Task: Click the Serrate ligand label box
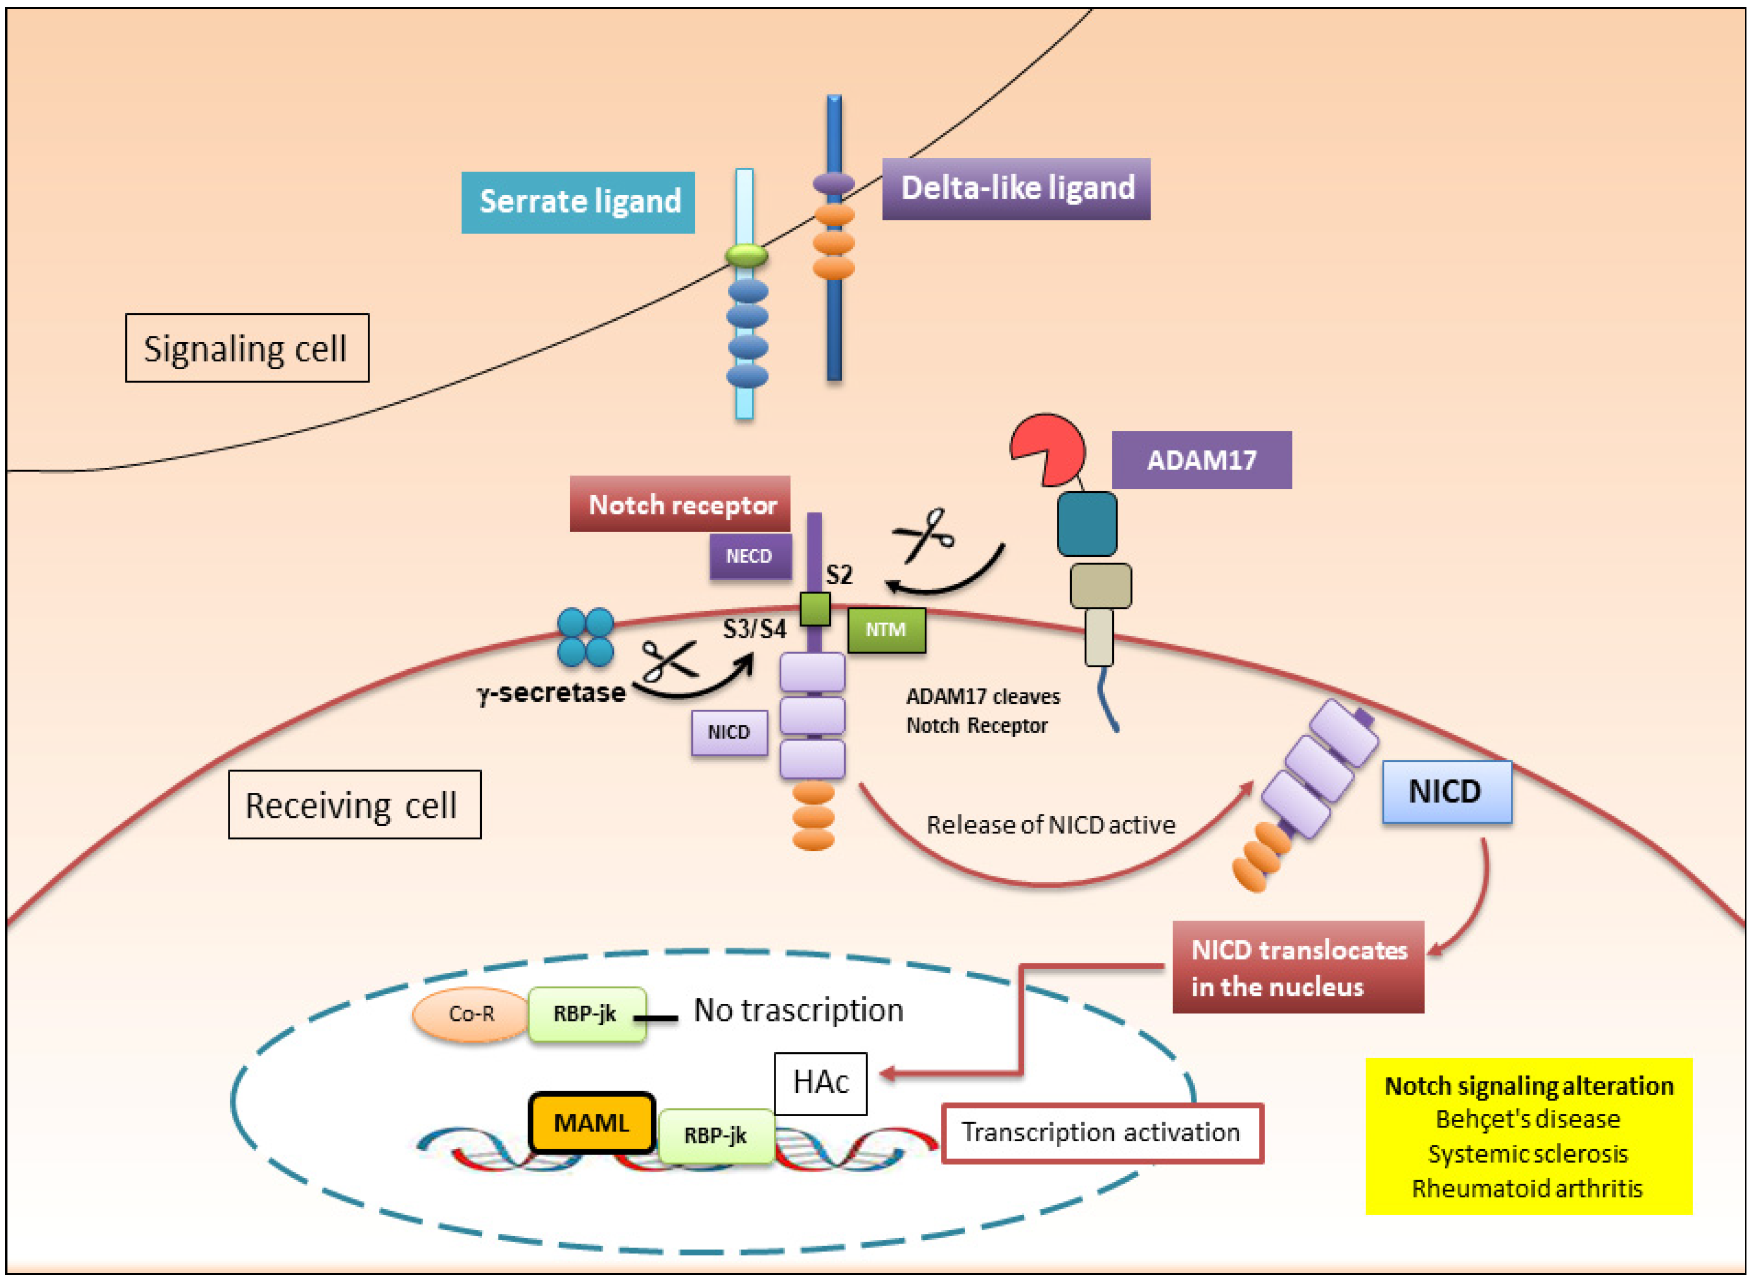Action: click(x=578, y=202)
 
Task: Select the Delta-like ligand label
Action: click(x=1016, y=189)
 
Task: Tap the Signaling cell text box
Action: click(x=247, y=348)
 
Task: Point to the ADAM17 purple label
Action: click(x=1201, y=460)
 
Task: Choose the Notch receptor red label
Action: click(x=681, y=504)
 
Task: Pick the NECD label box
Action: click(x=750, y=556)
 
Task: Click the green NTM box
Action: click(x=886, y=629)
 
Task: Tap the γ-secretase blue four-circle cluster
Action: click(x=586, y=637)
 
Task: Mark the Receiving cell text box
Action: click(x=354, y=805)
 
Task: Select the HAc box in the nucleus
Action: click(x=820, y=1083)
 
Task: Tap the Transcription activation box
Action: click(x=1102, y=1133)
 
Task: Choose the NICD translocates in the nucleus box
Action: click(x=1298, y=968)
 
